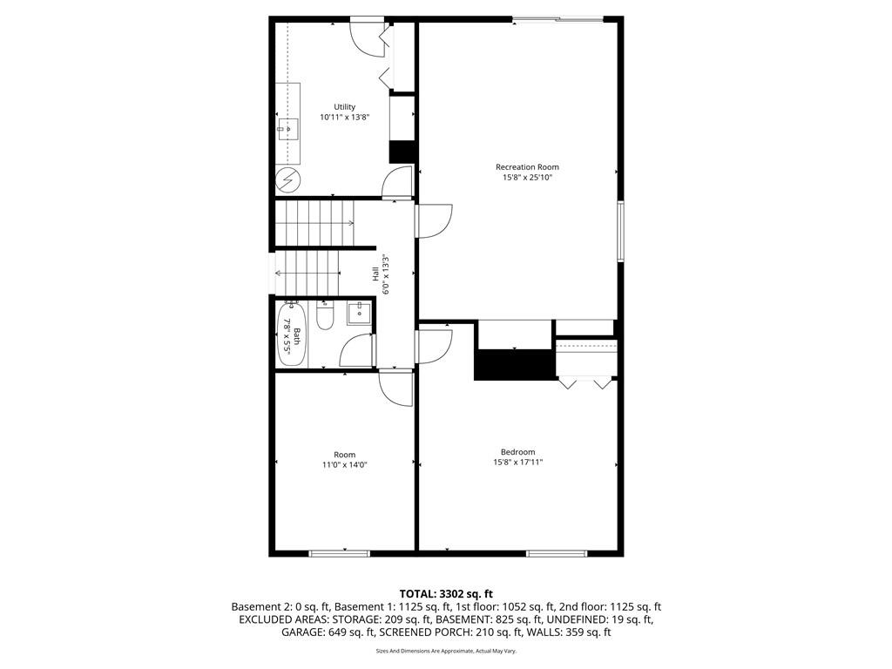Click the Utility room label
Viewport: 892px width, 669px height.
[344, 107]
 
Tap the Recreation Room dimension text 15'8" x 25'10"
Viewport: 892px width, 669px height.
[528, 177]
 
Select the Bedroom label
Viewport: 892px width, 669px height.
[517, 452]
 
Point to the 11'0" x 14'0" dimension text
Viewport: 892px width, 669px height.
[344, 465]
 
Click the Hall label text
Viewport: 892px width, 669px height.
[375, 274]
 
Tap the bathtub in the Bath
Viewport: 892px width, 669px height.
[289, 334]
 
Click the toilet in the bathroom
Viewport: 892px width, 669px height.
[326, 315]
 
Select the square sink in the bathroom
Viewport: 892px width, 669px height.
[357, 313]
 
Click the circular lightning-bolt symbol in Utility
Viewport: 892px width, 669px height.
[287, 180]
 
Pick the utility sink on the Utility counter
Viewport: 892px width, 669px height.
[287, 129]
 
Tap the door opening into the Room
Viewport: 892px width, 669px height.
[396, 387]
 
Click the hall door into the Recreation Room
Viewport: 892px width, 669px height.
[433, 220]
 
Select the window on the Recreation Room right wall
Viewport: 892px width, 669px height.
[621, 231]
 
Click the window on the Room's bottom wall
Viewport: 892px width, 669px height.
[339, 552]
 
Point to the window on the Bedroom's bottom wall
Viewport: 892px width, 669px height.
[557, 552]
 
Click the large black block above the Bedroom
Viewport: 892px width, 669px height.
[514, 364]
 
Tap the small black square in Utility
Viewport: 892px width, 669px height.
[401, 152]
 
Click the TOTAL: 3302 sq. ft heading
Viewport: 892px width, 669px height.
[446, 594]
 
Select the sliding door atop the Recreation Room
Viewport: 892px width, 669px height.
[557, 19]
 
